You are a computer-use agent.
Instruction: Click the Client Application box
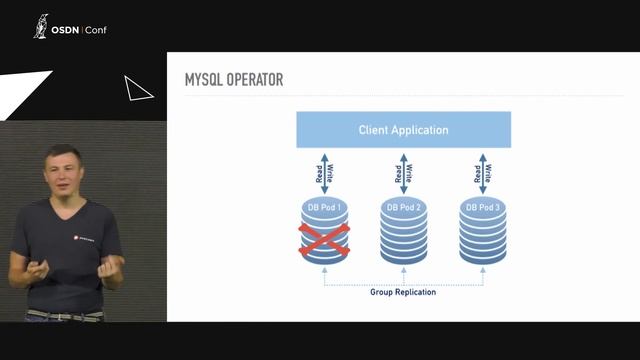point(403,130)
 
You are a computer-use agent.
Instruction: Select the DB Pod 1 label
point(324,207)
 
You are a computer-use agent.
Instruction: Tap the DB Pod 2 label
point(403,207)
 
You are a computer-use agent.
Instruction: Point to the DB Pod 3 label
point(482,207)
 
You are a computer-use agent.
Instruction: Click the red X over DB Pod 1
point(325,242)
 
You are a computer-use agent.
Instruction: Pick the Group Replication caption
point(403,292)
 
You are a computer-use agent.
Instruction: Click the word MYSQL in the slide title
point(208,79)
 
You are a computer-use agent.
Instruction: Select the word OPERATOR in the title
point(258,79)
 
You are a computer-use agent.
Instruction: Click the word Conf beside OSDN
point(97,30)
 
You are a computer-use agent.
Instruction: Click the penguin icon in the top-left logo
point(41,26)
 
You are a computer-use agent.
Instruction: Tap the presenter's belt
point(64,315)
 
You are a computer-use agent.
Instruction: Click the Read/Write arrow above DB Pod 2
point(403,172)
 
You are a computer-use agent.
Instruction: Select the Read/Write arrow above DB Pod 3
point(482,172)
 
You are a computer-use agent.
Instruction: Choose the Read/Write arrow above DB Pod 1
point(324,172)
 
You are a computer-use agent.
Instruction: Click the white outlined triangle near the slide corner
point(137,89)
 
